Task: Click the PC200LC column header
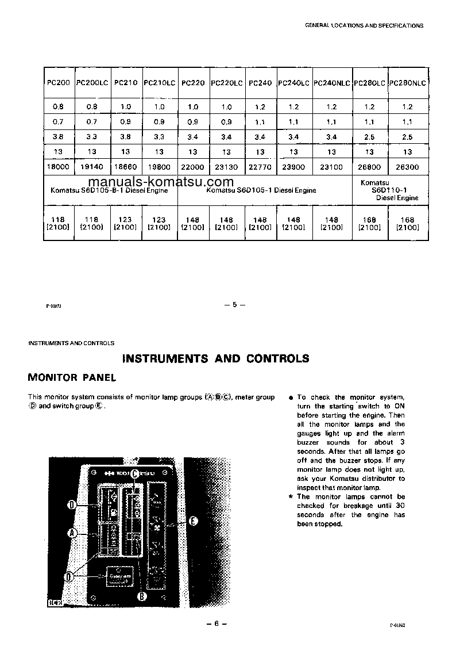[x=92, y=83]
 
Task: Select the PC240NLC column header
[x=332, y=83]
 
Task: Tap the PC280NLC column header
[x=408, y=83]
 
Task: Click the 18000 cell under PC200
[x=58, y=167]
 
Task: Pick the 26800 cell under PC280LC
[x=369, y=167]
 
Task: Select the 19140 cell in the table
[x=92, y=167]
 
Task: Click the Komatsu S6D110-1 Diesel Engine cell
[x=390, y=190]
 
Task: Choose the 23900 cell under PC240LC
[x=293, y=167]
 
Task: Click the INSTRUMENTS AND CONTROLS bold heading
[x=216, y=358]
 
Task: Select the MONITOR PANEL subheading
[x=72, y=378]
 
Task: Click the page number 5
[x=234, y=305]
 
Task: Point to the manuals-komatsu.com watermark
[x=153, y=182]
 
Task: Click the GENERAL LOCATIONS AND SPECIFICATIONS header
[x=364, y=26]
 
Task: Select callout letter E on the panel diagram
[x=193, y=521]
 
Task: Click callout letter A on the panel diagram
[x=73, y=533]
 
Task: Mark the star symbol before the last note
[x=291, y=496]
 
